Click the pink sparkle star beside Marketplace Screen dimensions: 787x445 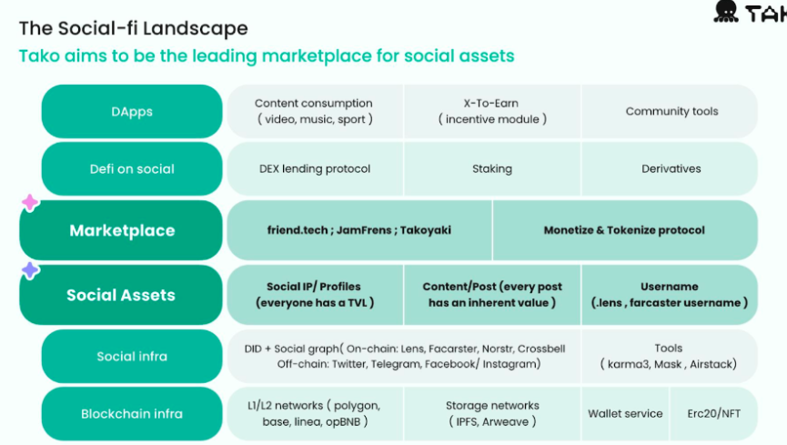[30, 202]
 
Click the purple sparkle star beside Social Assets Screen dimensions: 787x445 [30, 270]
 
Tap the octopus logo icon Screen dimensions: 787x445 [726, 11]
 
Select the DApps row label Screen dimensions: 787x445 [132, 112]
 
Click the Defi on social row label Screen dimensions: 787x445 [132, 168]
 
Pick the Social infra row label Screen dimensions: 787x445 [132, 356]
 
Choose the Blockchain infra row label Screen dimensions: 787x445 [132, 413]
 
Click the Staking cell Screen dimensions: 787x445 [492, 168]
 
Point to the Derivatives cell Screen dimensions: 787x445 [671, 168]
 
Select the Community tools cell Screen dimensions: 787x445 [671, 112]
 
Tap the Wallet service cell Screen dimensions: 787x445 [625, 413]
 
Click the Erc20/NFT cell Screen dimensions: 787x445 [713, 413]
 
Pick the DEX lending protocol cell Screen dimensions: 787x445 [315, 168]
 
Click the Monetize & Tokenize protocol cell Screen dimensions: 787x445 [624, 230]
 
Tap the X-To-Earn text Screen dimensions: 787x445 [491, 103]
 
